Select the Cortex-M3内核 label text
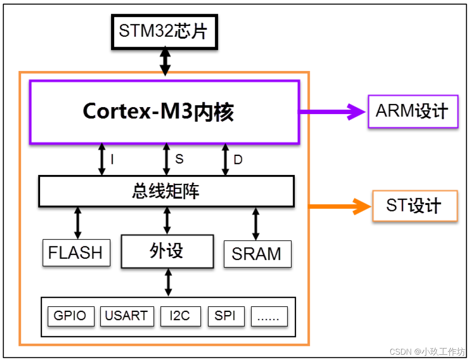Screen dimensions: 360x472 point(158,112)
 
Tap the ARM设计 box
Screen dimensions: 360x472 point(413,111)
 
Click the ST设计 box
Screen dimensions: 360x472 point(414,205)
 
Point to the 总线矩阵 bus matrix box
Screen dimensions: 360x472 point(166,191)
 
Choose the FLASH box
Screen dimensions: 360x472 point(76,253)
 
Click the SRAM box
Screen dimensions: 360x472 point(257,254)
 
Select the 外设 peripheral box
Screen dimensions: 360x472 point(167,251)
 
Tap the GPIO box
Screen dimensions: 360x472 point(70,316)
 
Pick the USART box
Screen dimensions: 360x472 point(127,316)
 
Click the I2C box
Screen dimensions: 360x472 point(180,316)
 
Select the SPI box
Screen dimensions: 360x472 point(226,316)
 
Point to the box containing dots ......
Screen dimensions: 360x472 point(269,316)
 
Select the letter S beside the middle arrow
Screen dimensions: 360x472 point(179,159)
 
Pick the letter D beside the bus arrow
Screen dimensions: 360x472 point(238,160)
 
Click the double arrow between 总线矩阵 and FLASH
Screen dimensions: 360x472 point(78,223)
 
